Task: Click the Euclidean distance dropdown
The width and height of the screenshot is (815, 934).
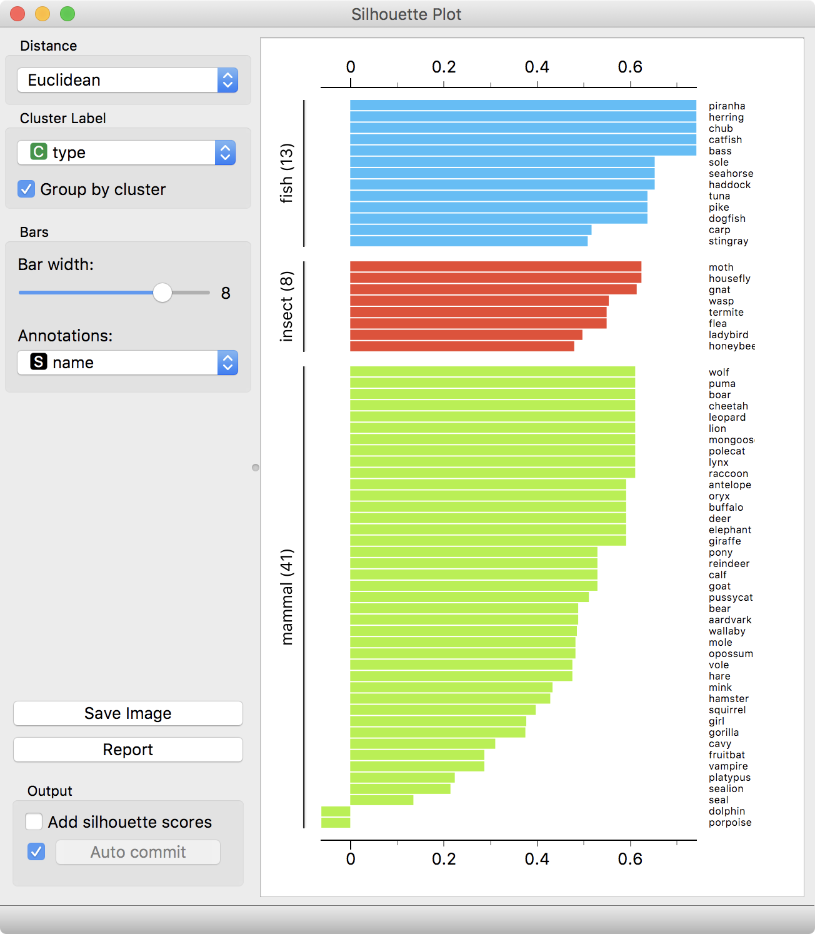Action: [x=127, y=80]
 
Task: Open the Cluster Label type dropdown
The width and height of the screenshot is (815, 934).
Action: [x=126, y=153]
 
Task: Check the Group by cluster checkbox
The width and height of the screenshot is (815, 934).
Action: [x=26, y=189]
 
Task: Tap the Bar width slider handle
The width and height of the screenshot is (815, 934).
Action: [x=162, y=292]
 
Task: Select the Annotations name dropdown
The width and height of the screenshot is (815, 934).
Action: [x=127, y=363]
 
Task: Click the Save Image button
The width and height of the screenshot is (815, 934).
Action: [x=127, y=713]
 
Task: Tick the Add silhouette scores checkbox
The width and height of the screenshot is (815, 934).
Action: [x=34, y=821]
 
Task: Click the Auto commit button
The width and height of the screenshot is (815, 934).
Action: [x=138, y=852]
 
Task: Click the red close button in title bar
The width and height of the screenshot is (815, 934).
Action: [x=17, y=14]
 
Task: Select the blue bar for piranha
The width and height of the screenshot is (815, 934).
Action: [x=522, y=106]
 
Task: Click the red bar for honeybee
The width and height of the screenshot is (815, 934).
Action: [x=462, y=346]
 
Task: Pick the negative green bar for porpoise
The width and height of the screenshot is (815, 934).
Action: [x=336, y=823]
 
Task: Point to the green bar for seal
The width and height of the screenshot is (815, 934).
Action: [x=381, y=800]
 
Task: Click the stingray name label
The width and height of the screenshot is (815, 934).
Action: [x=728, y=241]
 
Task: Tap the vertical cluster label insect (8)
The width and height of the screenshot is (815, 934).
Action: [x=286, y=306]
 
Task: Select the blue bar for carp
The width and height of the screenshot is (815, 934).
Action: [x=470, y=230]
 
